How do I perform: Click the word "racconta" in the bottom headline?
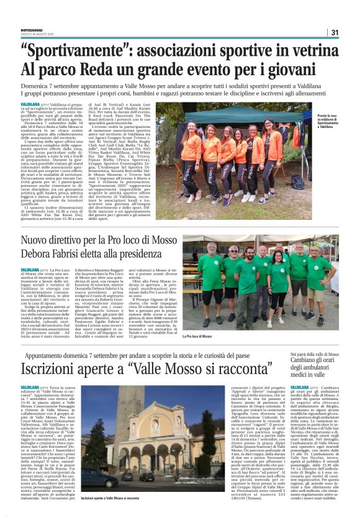click(x=228, y=366)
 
